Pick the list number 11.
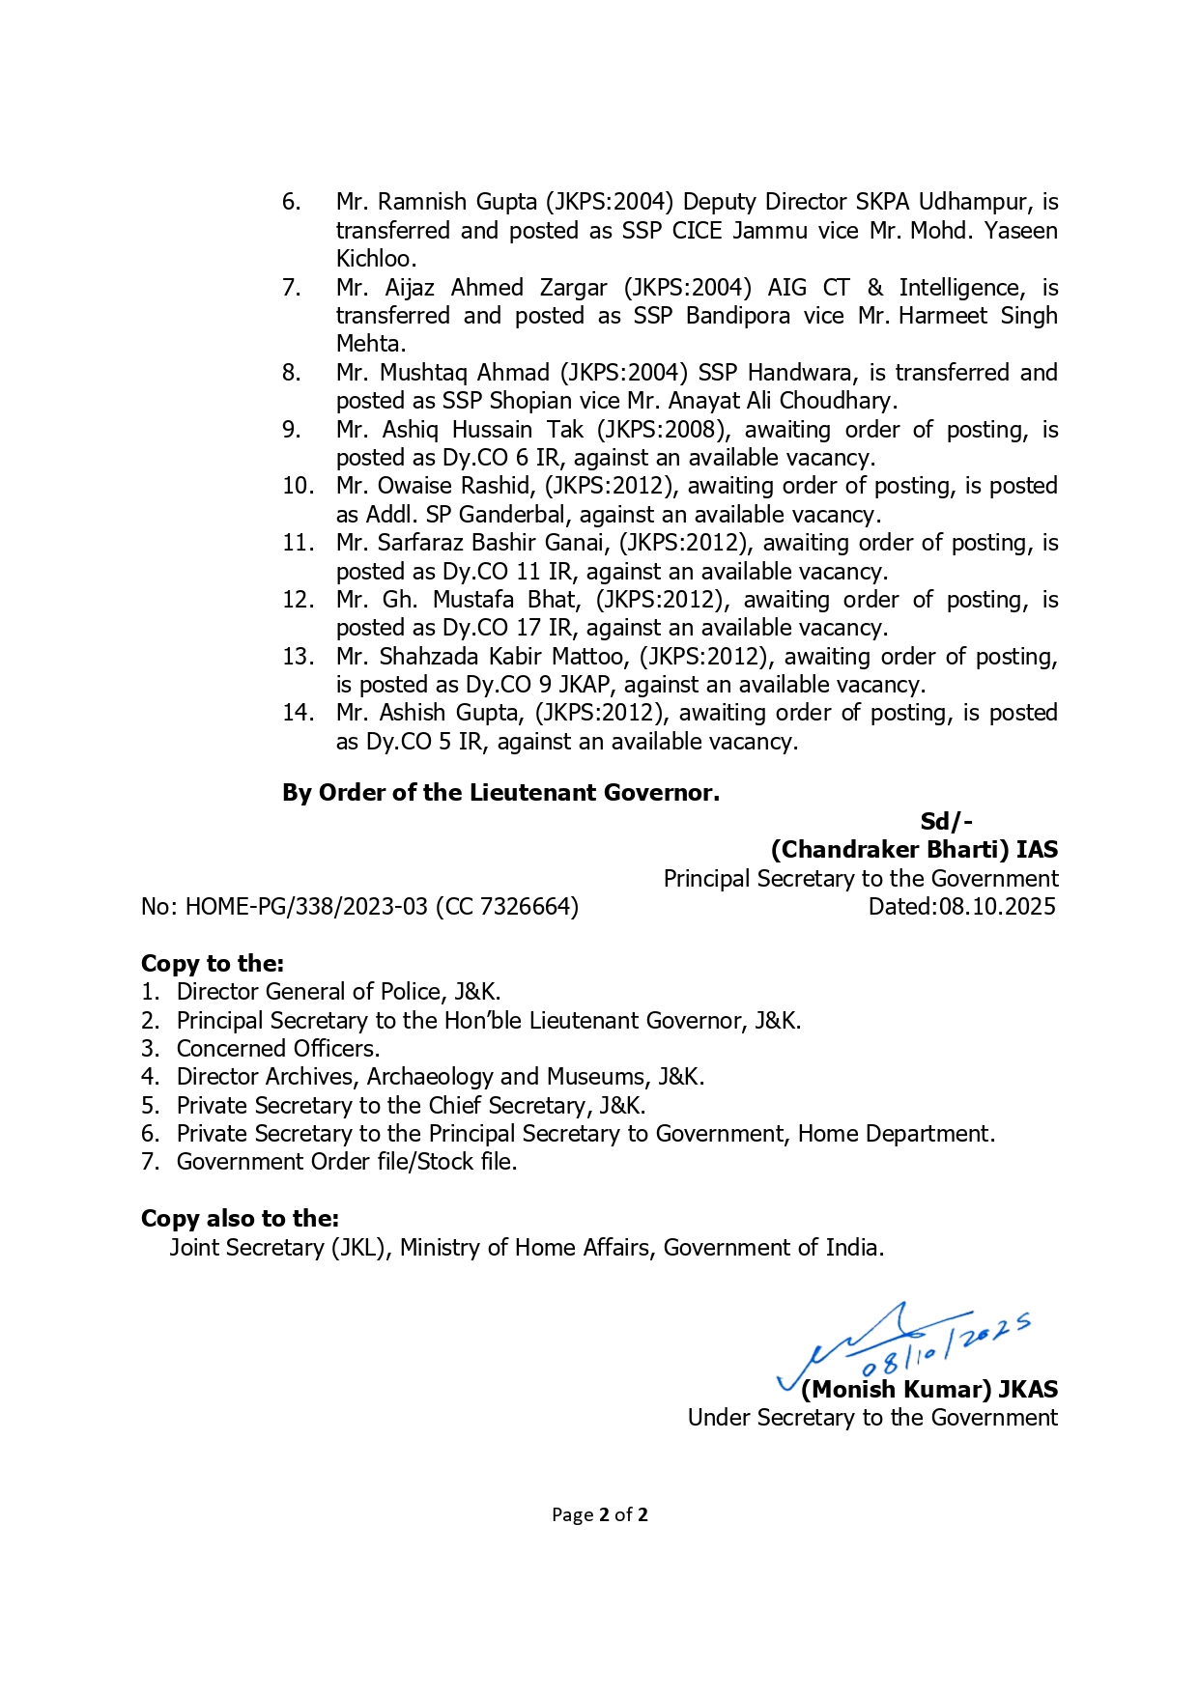point(298,543)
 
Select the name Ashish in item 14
point(412,713)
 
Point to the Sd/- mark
point(946,822)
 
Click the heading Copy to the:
point(213,964)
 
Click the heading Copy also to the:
point(240,1219)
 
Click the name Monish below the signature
point(851,1390)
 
